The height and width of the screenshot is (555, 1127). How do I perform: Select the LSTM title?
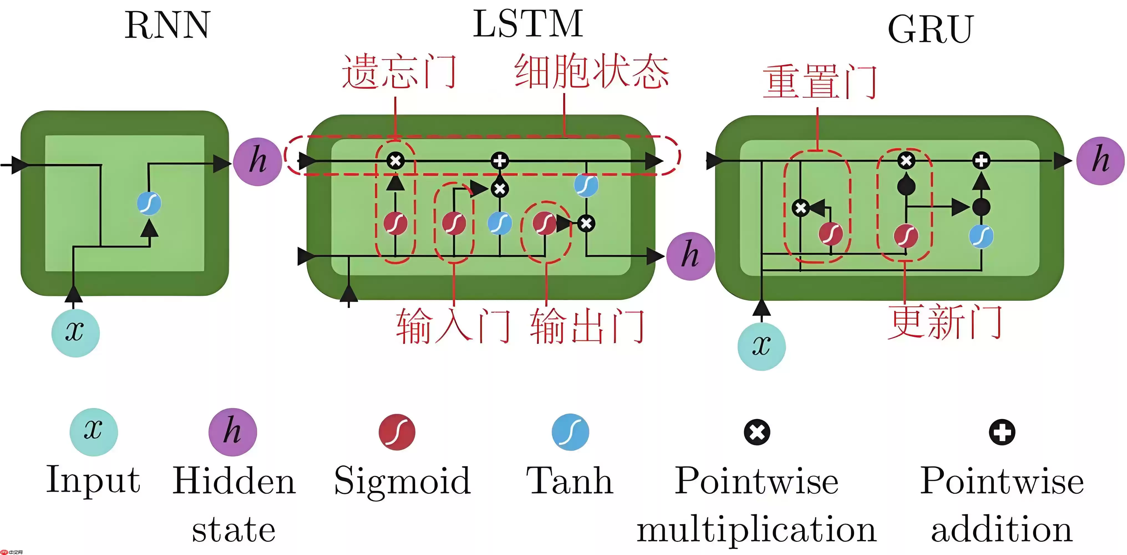(x=528, y=24)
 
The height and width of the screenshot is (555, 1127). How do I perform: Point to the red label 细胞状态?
(x=592, y=71)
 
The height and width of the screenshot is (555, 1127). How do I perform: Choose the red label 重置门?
(x=820, y=82)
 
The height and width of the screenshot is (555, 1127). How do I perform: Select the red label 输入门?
(x=453, y=326)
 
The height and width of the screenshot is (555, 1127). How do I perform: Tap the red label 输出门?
(x=587, y=326)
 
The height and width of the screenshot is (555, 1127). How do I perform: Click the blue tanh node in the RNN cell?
(x=149, y=203)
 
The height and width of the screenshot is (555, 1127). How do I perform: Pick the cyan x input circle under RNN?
(x=75, y=333)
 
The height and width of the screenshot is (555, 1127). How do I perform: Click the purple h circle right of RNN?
(x=257, y=161)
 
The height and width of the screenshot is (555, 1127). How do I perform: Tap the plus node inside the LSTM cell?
(x=500, y=161)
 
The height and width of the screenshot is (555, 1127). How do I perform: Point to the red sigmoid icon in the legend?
(x=397, y=432)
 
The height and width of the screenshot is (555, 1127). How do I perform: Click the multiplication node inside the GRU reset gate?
(x=801, y=208)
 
